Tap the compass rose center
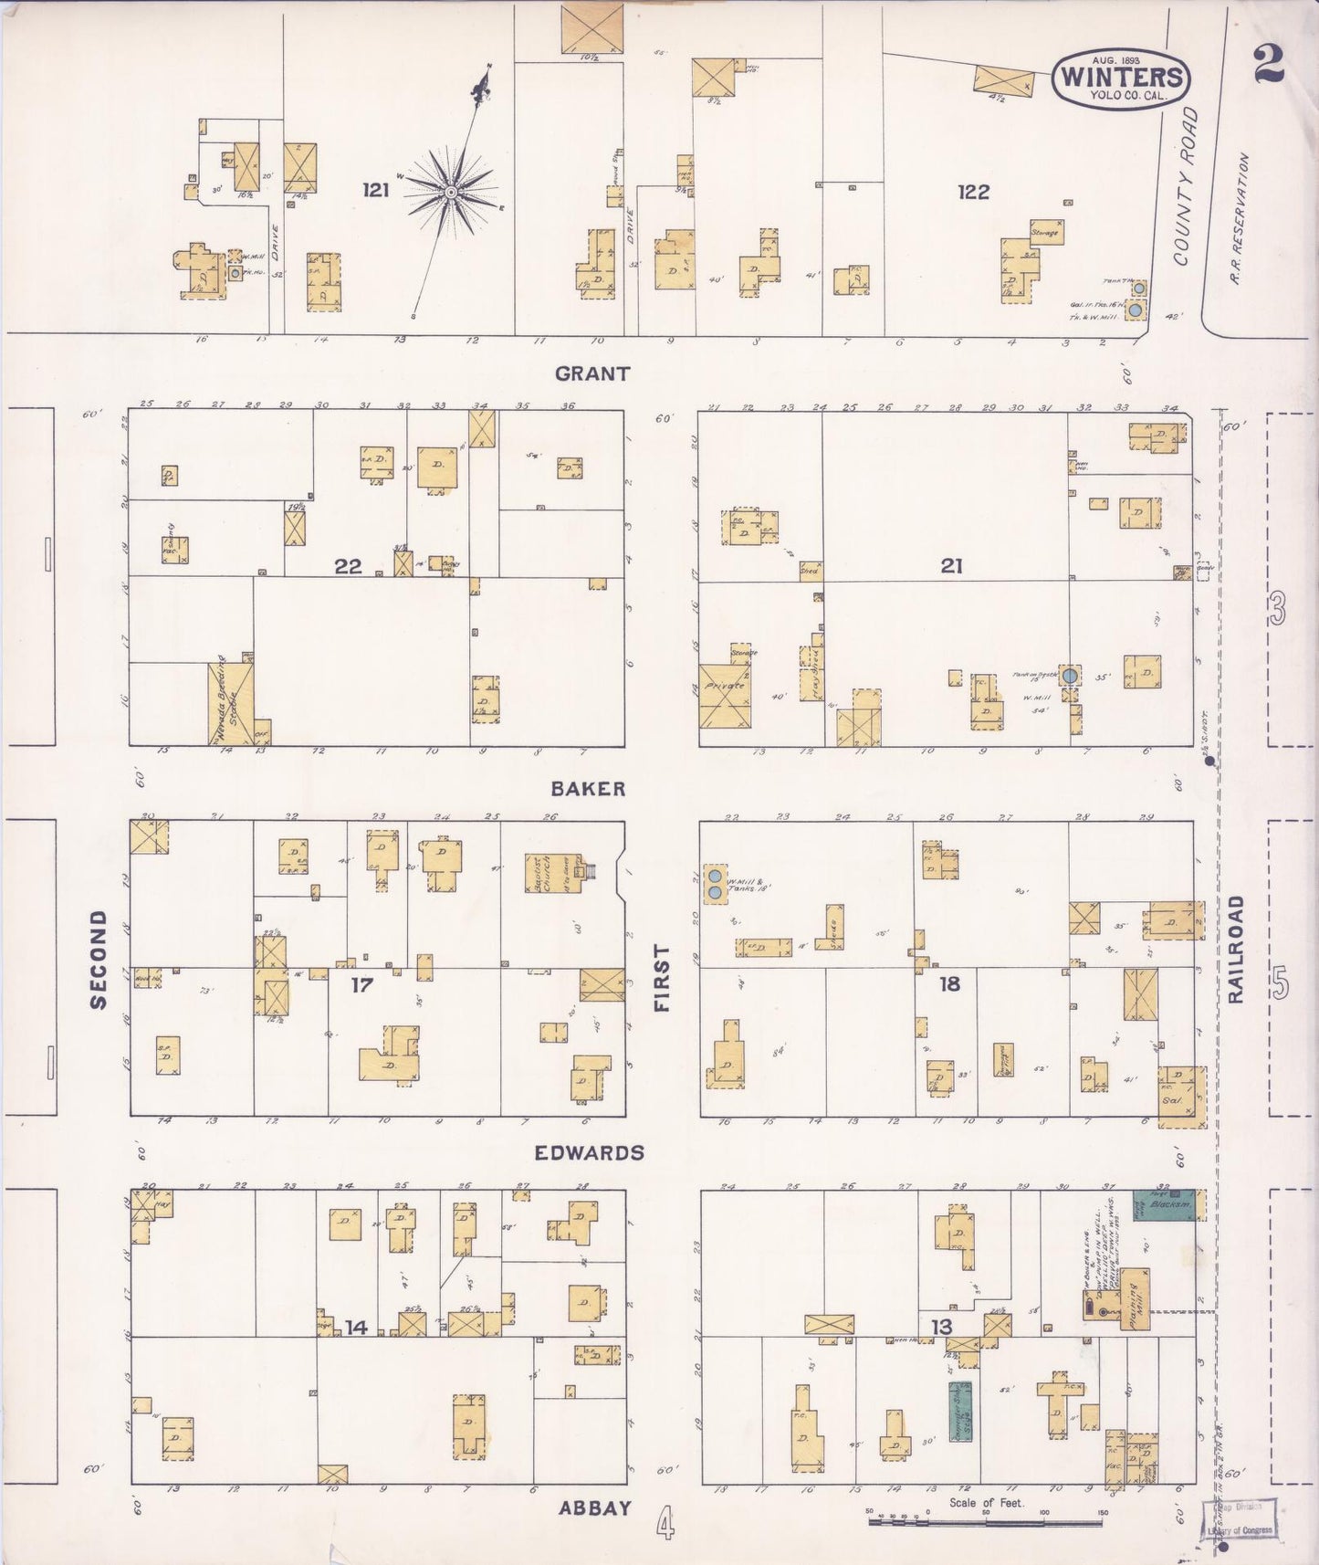450,192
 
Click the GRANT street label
592,373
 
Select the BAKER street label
588,789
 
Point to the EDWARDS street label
589,1152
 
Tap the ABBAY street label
594,1508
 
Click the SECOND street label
99,960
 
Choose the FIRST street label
662,978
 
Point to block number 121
375,190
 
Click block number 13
941,1328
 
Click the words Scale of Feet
986,1502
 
